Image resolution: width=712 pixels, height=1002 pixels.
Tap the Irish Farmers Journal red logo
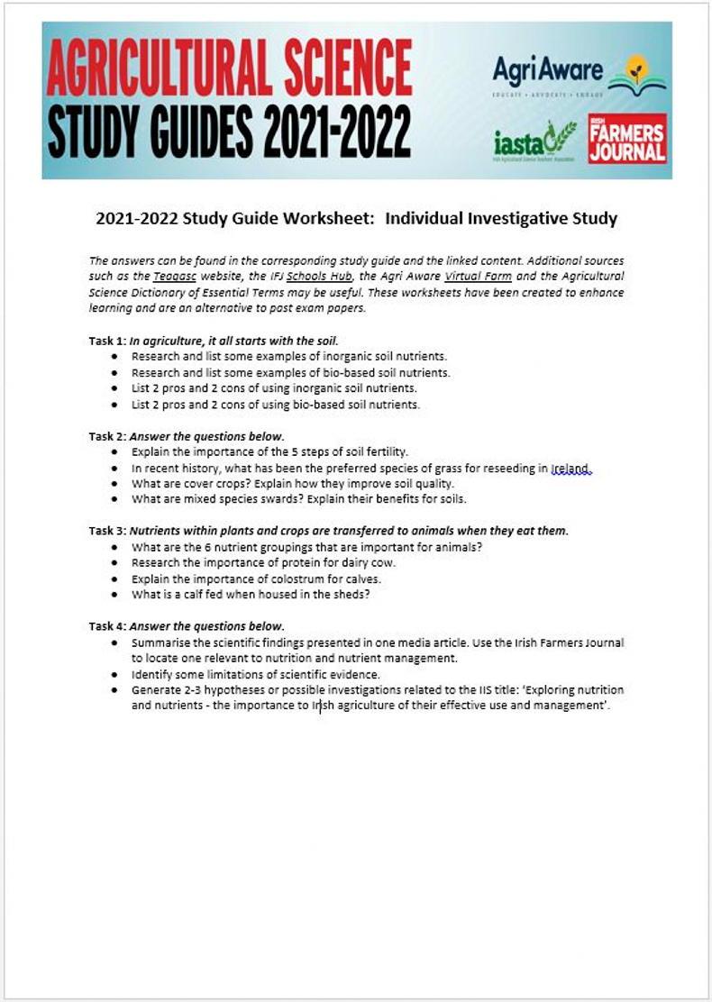tap(626, 138)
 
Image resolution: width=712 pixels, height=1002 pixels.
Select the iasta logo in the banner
tap(534, 141)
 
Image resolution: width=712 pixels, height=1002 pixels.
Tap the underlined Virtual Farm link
tap(472, 277)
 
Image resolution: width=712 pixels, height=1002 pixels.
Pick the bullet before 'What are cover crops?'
tap(114, 484)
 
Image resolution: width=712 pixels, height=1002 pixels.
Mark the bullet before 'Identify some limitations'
tap(114, 674)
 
